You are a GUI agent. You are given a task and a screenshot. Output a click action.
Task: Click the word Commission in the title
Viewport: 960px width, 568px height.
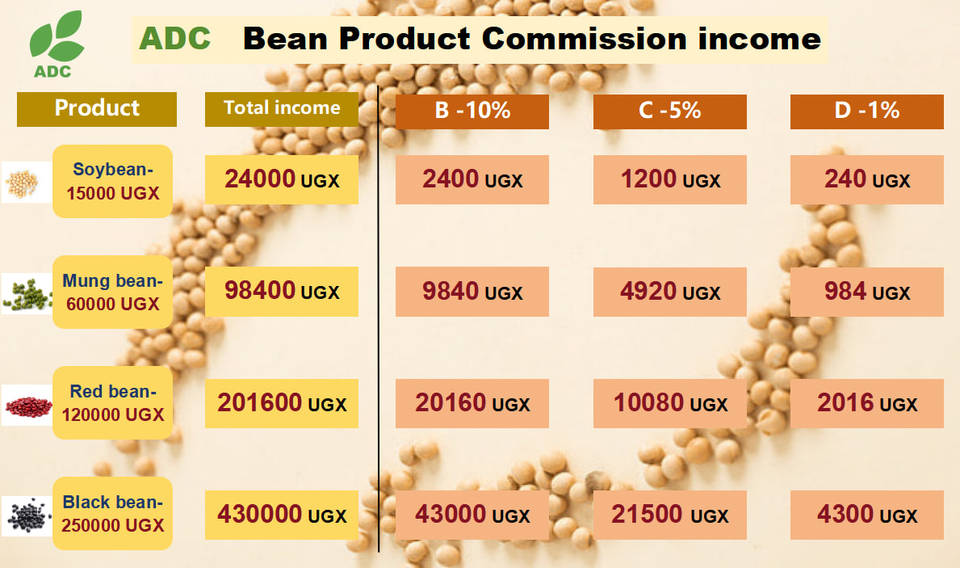[585, 39]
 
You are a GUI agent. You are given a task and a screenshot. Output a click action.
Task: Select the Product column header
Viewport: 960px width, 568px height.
[97, 109]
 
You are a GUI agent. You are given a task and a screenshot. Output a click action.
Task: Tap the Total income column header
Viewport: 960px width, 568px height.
[282, 109]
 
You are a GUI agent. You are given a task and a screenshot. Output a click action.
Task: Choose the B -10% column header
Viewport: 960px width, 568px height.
[472, 111]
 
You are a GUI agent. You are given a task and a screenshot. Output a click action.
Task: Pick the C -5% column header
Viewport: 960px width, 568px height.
[670, 111]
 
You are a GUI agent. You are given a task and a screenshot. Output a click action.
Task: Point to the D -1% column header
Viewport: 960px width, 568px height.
[867, 111]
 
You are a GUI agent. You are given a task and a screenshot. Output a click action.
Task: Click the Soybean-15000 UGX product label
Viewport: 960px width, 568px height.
[113, 181]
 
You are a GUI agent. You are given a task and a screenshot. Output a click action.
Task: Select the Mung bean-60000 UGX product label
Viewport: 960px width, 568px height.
[113, 292]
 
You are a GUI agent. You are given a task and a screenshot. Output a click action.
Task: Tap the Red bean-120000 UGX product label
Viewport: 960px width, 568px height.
[113, 402]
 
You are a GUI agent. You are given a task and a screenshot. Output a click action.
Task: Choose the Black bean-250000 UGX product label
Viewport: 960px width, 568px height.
[113, 514]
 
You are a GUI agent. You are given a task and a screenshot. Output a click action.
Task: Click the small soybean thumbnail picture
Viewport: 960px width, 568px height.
[27, 182]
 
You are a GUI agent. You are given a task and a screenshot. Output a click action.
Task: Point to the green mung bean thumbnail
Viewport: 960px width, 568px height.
[27, 293]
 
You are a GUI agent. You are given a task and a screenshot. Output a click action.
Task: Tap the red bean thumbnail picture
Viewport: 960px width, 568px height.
[27, 405]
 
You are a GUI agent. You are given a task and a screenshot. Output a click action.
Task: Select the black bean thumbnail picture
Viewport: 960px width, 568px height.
[27, 516]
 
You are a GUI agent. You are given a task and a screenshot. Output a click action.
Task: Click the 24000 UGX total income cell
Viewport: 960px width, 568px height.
[282, 179]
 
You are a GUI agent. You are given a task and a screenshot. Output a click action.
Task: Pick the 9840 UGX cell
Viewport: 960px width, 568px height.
[472, 292]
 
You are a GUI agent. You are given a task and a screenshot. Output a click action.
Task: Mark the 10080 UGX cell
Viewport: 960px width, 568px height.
[670, 403]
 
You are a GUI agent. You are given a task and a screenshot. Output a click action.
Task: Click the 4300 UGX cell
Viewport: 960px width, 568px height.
[867, 515]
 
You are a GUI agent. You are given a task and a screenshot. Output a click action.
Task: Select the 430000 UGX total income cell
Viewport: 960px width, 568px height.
[282, 515]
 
